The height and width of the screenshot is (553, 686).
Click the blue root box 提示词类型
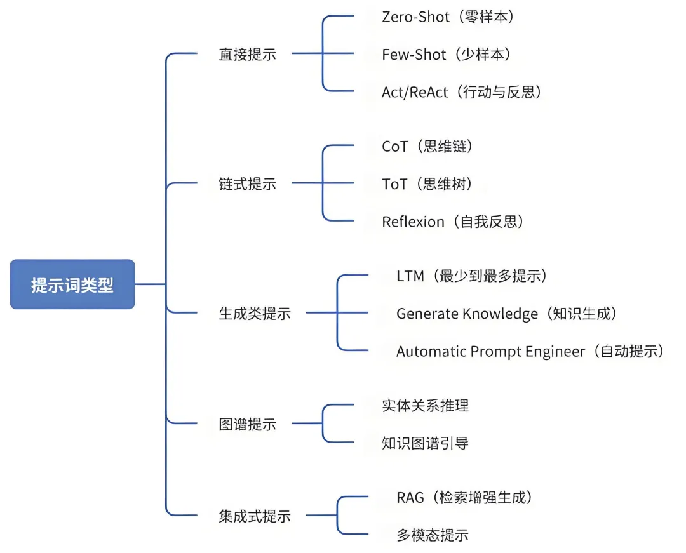72,284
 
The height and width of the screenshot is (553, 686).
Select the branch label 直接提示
247,55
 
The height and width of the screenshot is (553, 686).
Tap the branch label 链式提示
247,184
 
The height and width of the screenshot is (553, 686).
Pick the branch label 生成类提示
254,313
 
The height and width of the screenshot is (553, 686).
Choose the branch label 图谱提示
247,424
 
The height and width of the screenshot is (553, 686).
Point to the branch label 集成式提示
254,516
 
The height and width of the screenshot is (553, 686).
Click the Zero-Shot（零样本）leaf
447,17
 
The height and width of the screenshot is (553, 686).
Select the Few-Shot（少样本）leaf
446,55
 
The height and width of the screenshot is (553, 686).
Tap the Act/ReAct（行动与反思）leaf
462,92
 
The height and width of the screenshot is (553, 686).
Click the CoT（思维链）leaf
427,147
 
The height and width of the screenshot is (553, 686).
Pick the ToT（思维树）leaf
427,184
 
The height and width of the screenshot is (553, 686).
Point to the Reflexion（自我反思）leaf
453,222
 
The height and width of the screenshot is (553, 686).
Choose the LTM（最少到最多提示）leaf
471,276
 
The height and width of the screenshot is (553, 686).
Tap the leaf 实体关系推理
425,406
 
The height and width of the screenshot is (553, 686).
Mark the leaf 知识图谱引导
425,443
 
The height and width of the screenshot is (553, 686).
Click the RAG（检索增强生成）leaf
464,497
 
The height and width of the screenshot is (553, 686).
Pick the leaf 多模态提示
432,535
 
